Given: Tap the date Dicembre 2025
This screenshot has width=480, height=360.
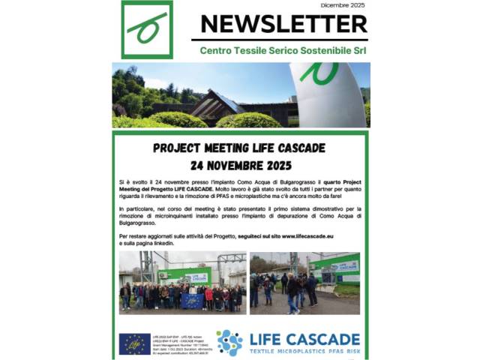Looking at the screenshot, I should pyautogui.click(x=343, y=5).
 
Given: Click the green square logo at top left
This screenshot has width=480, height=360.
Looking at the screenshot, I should pyautogui.click(x=146, y=29).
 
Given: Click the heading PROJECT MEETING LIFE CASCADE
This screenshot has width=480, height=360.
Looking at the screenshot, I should pyautogui.click(x=239, y=148).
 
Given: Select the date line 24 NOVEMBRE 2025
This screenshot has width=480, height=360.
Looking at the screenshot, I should pyautogui.click(x=239, y=164).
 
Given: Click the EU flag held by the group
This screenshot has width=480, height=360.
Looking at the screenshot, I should pyautogui.click(x=191, y=301).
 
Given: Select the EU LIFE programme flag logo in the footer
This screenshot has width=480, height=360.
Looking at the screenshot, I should pyautogui.click(x=135, y=343).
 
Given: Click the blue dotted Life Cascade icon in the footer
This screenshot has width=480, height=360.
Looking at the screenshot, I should pyautogui.click(x=229, y=343).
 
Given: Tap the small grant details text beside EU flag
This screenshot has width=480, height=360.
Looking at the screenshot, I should pyautogui.click(x=179, y=343).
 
